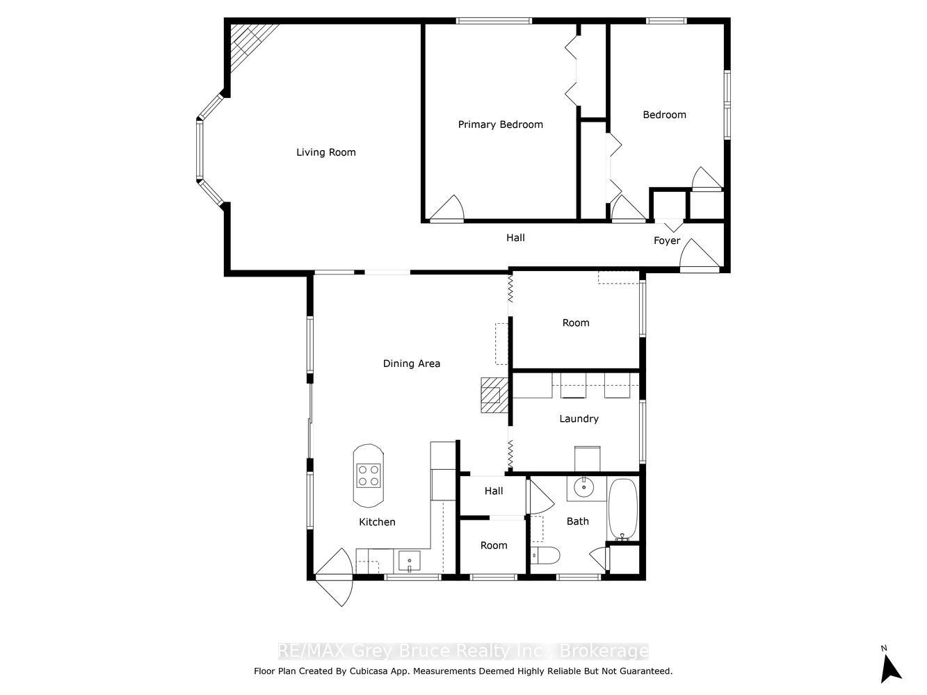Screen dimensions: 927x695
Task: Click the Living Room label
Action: click(325, 152)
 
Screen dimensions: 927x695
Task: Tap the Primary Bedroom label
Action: click(501, 124)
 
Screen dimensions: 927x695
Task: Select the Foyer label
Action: click(667, 240)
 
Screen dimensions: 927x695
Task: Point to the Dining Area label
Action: click(411, 363)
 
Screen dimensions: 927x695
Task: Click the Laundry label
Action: click(579, 418)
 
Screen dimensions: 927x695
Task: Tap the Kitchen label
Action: click(377, 522)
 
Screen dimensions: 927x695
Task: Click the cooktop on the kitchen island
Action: click(369, 475)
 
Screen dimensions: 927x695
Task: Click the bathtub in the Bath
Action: click(622, 509)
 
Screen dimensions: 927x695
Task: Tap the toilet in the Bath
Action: click(545, 555)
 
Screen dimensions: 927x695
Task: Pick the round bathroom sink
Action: click(583, 487)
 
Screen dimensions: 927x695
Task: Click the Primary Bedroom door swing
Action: click(447, 208)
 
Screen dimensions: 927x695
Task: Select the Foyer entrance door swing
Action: click(700, 254)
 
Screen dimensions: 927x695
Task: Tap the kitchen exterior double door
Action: click(334, 577)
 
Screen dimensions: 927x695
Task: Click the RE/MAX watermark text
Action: click(463, 651)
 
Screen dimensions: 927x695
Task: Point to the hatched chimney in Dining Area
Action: click(494, 395)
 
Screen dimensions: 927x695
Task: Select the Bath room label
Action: click(577, 521)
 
